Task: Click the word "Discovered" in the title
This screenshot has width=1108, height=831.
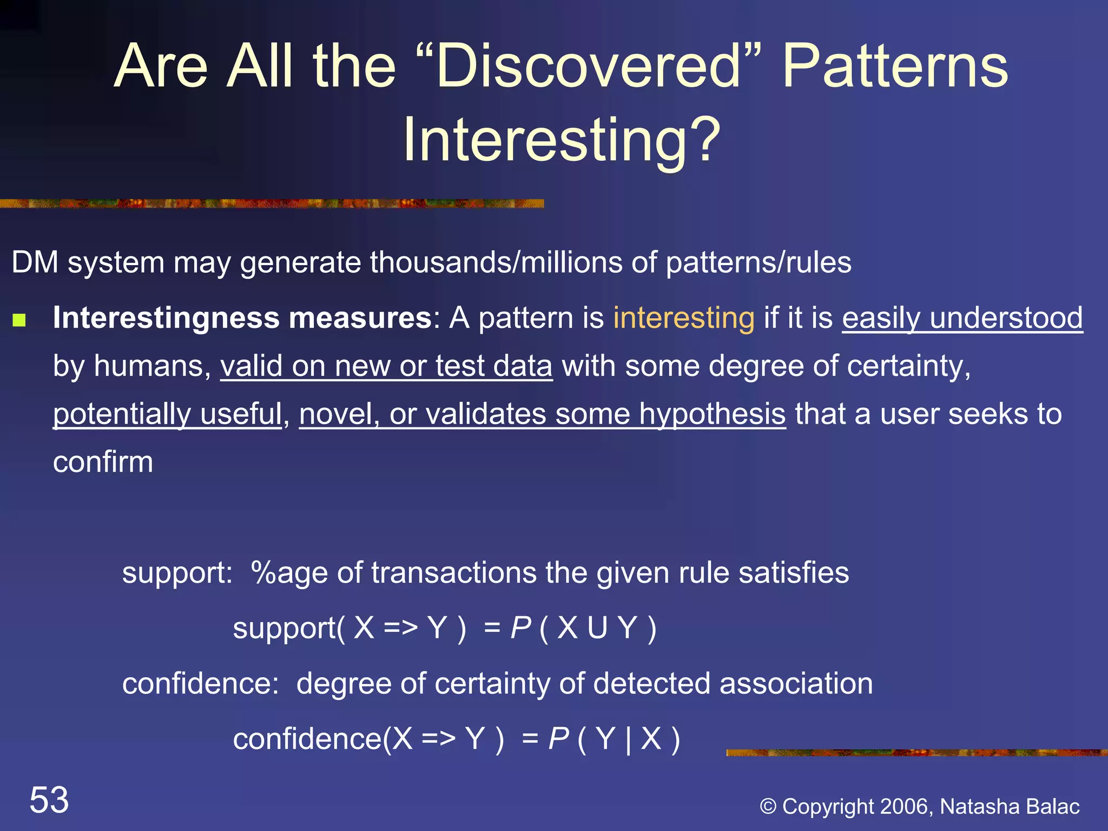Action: pos(589,67)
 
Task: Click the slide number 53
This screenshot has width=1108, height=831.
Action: pos(49,800)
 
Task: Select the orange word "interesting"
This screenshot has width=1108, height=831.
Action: pos(683,318)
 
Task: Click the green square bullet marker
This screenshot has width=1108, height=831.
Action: pos(19,320)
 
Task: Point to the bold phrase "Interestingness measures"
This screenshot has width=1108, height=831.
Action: pos(242,318)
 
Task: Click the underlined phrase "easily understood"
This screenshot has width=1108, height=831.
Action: pos(962,318)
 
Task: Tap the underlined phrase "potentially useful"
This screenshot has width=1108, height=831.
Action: pos(167,414)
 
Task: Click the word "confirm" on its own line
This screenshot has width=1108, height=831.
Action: pos(103,463)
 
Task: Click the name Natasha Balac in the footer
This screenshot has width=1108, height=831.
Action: pos(1010,806)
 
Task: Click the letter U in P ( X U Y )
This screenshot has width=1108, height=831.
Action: pos(597,628)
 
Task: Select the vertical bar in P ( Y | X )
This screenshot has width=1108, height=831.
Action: pos(628,739)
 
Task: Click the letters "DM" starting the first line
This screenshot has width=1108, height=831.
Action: pos(35,263)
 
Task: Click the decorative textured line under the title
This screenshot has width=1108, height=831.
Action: pos(271,203)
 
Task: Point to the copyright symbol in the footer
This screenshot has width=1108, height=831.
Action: pos(768,807)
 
